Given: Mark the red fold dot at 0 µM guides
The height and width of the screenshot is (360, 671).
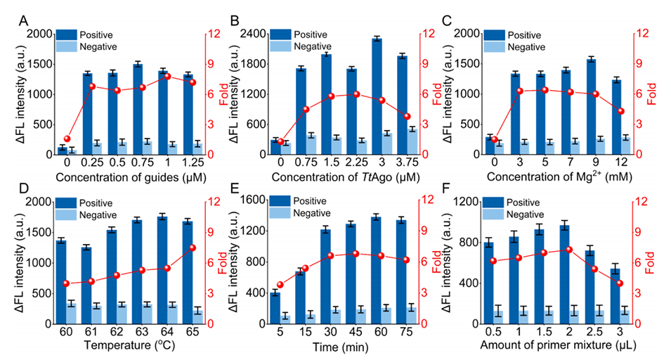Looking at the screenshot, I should [67, 139].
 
